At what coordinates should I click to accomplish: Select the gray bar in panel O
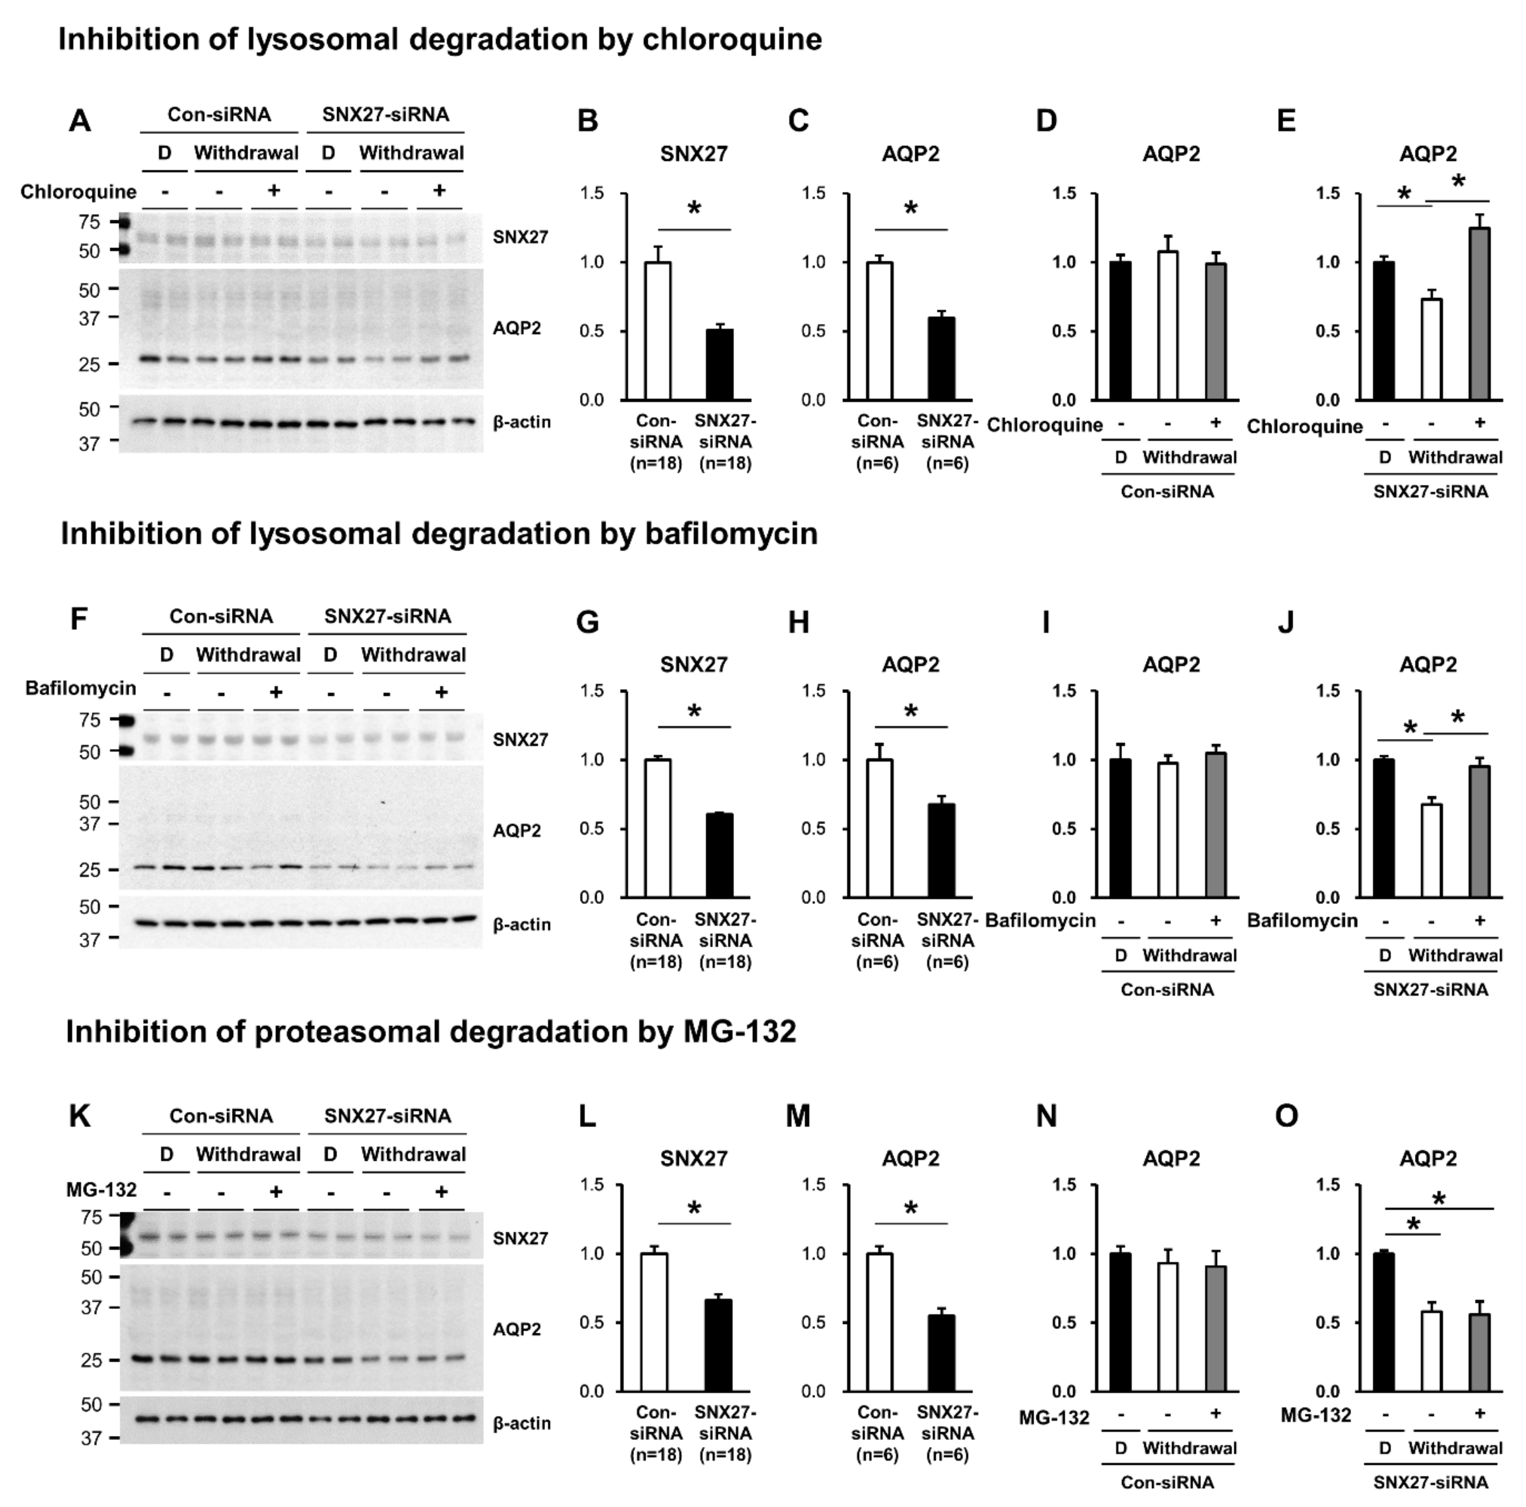pyautogui.click(x=1479, y=1352)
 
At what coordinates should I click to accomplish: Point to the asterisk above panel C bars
pyautogui.click(x=911, y=209)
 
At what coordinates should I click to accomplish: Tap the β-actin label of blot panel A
pyautogui.click(x=521, y=423)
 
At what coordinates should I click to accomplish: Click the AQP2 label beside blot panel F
pyautogui.click(x=517, y=831)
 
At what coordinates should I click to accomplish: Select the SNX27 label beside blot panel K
pyautogui.click(x=520, y=1238)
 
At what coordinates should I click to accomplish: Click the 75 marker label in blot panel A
pyautogui.click(x=89, y=222)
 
